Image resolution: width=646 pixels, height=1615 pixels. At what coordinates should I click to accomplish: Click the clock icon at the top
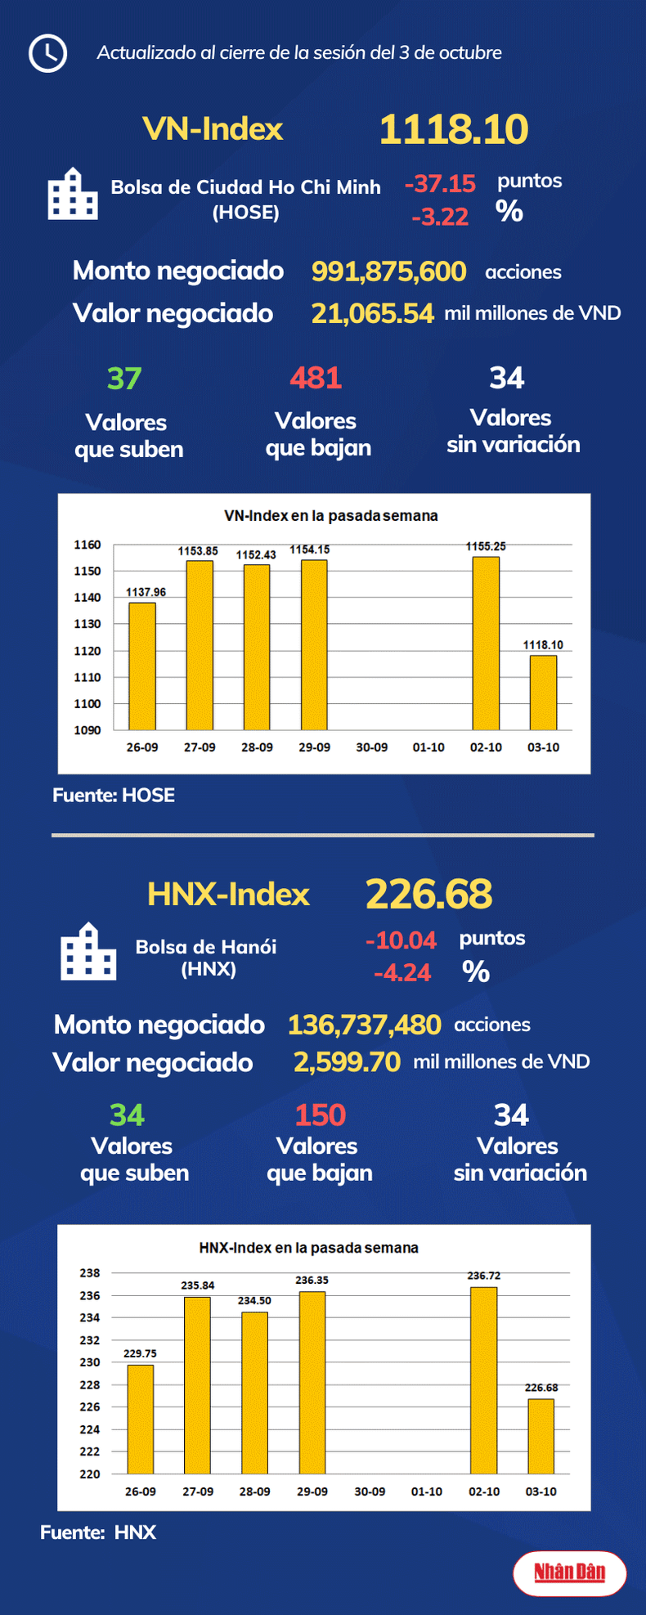pyautogui.click(x=47, y=53)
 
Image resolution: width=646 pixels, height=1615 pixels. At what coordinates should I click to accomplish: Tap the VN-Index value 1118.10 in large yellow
pyautogui.click(x=453, y=129)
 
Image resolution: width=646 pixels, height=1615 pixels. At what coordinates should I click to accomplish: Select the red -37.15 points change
pyautogui.click(x=440, y=183)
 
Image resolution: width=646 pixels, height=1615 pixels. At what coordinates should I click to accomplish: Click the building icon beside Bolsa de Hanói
pyautogui.click(x=88, y=952)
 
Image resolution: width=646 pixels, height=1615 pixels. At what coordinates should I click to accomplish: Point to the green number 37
pyautogui.click(x=124, y=379)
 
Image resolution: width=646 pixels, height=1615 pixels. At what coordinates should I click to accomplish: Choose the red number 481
pyautogui.click(x=316, y=378)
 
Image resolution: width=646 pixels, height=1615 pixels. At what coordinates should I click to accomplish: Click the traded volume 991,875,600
pyautogui.click(x=388, y=271)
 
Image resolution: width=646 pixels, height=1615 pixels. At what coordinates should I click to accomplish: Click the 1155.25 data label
pyautogui.click(x=486, y=546)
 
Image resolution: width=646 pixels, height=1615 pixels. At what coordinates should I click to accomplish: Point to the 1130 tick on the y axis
pyautogui.click(x=87, y=624)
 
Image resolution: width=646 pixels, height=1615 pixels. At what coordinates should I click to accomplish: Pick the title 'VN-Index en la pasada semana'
pyautogui.click(x=330, y=516)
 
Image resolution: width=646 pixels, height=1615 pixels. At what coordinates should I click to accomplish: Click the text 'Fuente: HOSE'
pyautogui.click(x=114, y=795)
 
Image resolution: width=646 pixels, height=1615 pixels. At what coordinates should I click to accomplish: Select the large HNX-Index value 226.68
pyautogui.click(x=428, y=894)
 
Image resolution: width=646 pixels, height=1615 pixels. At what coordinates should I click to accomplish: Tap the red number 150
pyautogui.click(x=320, y=1115)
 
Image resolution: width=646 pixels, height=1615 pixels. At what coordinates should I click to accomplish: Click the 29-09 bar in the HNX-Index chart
pyautogui.click(x=312, y=1382)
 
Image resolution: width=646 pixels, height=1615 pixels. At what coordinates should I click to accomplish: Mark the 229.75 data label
pyautogui.click(x=140, y=1353)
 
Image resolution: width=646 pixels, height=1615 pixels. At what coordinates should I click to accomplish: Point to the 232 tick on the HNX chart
pyautogui.click(x=90, y=1340)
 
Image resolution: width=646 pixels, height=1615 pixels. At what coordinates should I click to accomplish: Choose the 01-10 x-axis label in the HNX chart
pyautogui.click(x=427, y=1492)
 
